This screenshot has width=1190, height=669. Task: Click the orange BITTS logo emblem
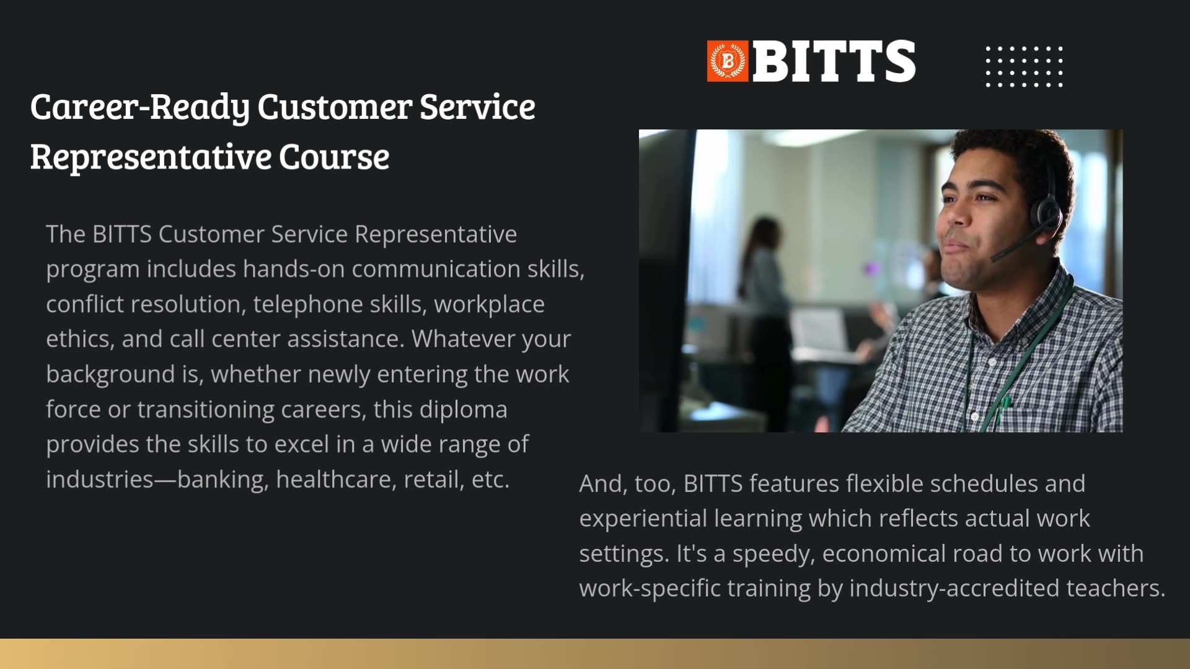(728, 61)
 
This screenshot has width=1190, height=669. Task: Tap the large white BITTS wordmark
(834, 61)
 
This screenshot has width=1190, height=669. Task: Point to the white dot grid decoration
(1024, 66)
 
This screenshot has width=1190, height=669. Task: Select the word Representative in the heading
(150, 156)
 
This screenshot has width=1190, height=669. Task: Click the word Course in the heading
(334, 156)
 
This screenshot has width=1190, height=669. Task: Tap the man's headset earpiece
(1047, 214)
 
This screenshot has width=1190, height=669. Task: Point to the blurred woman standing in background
(766, 285)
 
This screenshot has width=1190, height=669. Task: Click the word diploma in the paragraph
(463, 409)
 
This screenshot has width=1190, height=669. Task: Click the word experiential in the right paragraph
(643, 518)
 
